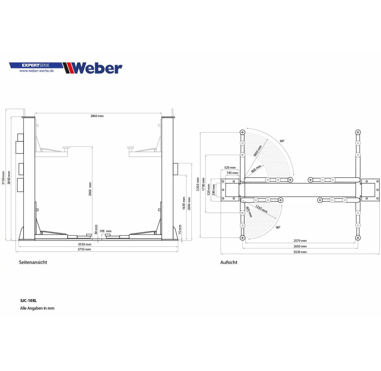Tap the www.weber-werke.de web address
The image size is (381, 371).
tap(37, 71)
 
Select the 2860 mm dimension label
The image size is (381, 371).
tap(97, 116)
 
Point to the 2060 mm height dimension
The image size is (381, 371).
tap(90, 189)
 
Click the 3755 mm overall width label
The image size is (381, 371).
tap(84, 249)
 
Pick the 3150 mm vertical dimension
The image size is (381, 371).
tap(3, 178)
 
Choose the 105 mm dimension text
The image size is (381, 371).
tap(105, 231)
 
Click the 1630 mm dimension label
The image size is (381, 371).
tap(184, 203)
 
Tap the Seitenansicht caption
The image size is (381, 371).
tap(33, 263)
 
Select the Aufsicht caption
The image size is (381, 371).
tap(229, 263)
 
